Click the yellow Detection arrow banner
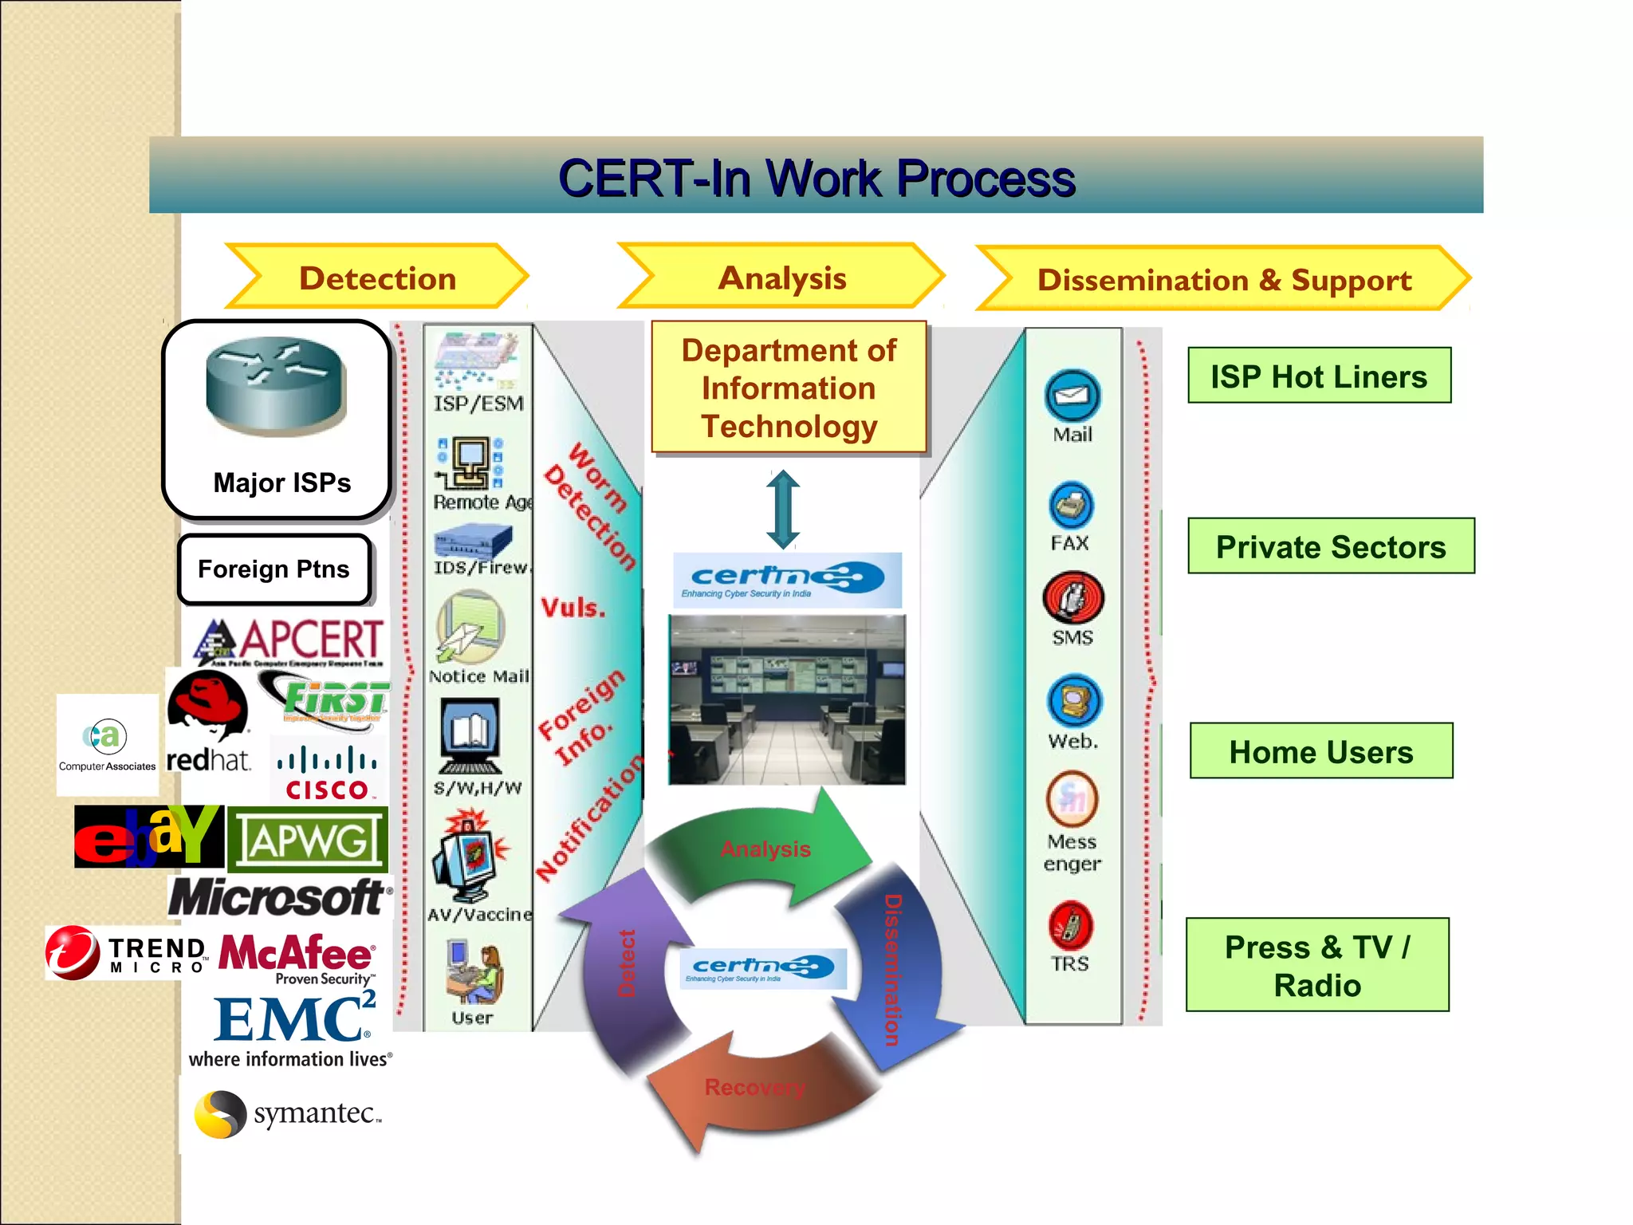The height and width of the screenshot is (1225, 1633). coord(377,278)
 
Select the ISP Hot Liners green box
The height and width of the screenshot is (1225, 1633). coord(1319,376)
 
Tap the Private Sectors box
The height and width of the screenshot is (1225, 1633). coord(1330,546)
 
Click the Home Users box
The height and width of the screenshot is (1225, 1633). coord(1320,751)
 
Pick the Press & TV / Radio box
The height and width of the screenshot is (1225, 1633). coord(1317,965)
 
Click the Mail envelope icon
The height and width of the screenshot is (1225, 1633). coord(1072,396)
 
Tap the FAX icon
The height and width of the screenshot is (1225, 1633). coord(1071,506)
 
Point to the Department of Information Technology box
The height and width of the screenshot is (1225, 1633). coord(789,388)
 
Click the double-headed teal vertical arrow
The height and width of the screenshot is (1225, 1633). coord(783,510)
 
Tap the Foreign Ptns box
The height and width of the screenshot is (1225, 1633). coord(274,569)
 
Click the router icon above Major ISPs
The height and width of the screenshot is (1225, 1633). coord(275,386)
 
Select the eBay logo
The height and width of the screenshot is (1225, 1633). coord(148,836)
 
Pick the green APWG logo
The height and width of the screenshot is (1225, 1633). coord(308,840)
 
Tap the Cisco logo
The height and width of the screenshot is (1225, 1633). coord(327,772)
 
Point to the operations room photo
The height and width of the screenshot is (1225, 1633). coord(787,699)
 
